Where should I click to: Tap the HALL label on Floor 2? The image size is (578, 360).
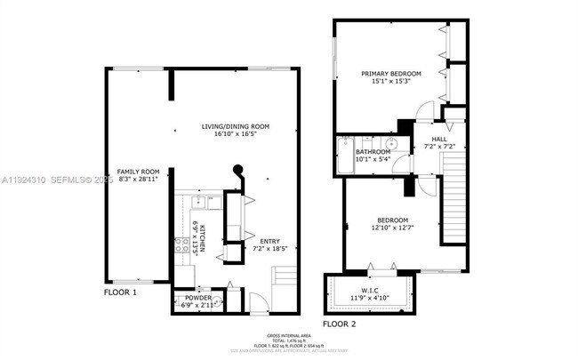439,140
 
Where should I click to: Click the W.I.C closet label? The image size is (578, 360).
368,291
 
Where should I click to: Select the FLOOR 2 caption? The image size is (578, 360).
339,324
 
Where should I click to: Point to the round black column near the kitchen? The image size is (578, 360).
237,171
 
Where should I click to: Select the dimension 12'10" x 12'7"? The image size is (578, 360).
391,228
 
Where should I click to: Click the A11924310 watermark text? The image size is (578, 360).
24,179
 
